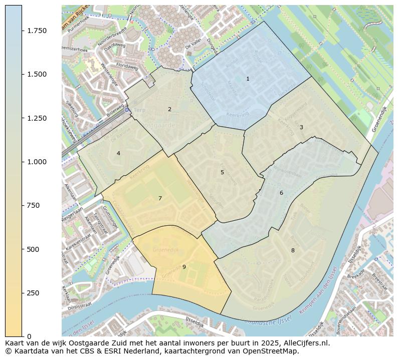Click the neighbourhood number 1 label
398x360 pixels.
click(248, 79)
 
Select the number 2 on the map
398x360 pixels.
click(169, 109)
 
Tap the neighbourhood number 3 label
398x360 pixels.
click(301, 127)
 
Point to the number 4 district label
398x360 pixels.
click(118, 153)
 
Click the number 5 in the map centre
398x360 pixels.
click(222, 172)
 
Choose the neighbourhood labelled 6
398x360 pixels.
click(281, 193)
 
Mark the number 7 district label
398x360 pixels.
click(160, 198)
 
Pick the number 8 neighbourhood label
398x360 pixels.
click(293, 250)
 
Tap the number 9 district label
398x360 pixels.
click(184, 267)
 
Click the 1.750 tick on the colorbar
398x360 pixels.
click(37, 31)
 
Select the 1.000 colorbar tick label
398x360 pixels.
click(37, 162)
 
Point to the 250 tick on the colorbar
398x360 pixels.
click(33, 293)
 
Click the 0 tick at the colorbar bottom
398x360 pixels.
click(29, 336)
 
